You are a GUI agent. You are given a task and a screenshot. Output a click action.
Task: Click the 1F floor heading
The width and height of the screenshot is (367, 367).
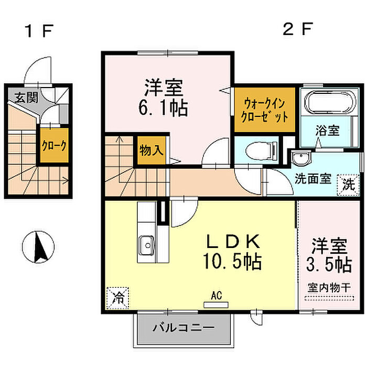point(39,31)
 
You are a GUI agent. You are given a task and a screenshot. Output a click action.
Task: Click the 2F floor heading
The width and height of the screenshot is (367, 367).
point(297,29)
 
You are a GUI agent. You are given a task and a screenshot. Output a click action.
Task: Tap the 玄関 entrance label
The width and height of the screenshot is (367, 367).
point(26,98)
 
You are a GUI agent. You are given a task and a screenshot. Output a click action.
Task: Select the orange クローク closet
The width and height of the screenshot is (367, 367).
point(54,145)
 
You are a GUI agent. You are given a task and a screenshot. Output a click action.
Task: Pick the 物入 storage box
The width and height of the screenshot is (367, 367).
point(151,150)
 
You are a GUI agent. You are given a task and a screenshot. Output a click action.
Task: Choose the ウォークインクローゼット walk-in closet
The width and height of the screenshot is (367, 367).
point(264,110)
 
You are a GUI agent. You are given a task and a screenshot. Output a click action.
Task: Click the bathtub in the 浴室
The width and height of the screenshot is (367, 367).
point(330,103)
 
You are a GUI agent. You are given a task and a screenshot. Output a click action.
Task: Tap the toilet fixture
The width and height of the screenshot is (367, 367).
point(261,151)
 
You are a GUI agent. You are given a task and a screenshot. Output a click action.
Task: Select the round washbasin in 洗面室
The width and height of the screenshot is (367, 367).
point(301,158)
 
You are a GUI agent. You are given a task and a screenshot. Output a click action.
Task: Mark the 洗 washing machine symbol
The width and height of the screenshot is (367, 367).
point(348,185)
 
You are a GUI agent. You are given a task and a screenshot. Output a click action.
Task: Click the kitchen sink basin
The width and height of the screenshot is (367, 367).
point(147,245)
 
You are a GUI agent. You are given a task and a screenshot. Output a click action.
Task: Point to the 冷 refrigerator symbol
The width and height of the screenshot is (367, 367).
point(118,298)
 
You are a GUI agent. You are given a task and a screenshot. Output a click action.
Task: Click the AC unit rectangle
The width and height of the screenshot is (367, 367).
point(216,305)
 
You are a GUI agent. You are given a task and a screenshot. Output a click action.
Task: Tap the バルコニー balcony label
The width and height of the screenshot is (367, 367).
point(183,328)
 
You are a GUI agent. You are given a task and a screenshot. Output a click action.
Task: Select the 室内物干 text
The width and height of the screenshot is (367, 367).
point(329,288)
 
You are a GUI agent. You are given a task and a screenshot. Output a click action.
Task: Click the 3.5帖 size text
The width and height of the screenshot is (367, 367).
point(329,265)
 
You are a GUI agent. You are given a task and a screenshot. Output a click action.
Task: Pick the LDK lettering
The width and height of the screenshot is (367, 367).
point(233,242)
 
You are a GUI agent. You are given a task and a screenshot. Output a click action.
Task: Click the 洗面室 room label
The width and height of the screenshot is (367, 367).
point(312,179)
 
